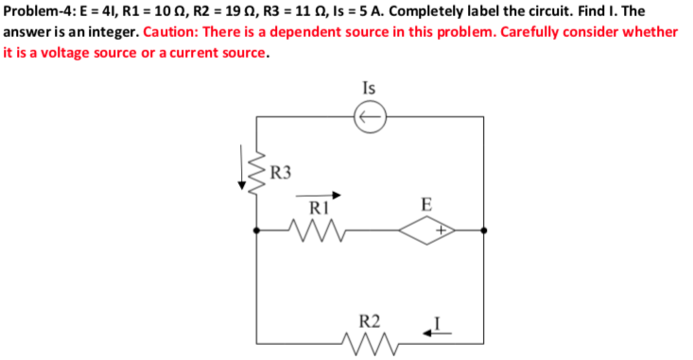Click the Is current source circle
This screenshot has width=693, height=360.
(369, 117)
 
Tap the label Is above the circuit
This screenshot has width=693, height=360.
(369, 87)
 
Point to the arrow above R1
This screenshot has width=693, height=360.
(324, 196)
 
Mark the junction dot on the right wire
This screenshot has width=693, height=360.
(484, 230)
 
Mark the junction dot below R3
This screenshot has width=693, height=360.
(258, 230)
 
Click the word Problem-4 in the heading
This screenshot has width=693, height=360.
(35, 12)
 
